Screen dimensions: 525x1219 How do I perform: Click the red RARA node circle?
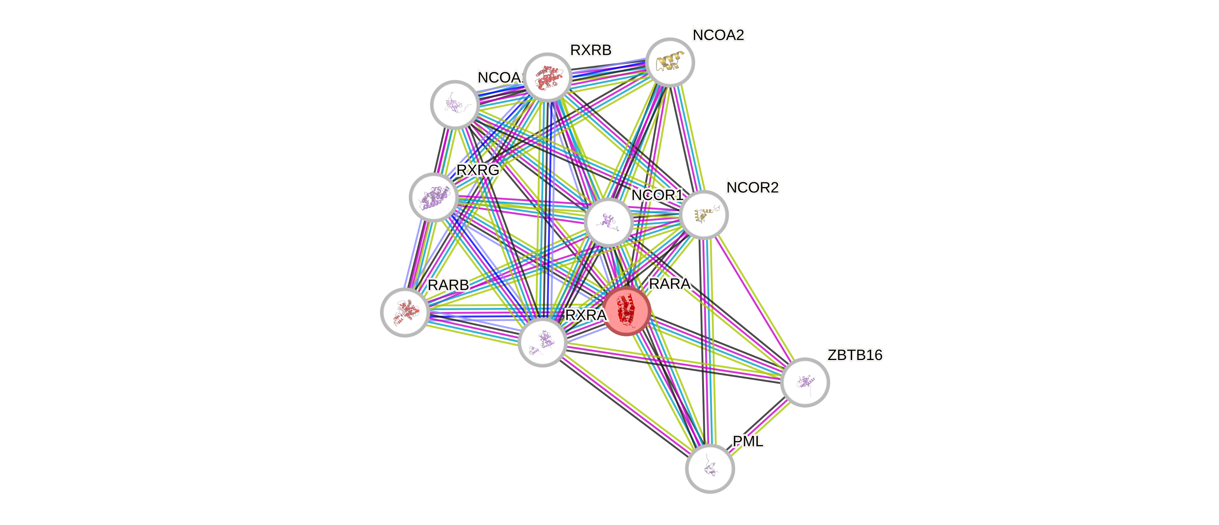click(626, 311)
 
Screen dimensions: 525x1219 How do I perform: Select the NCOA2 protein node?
click(670, 62)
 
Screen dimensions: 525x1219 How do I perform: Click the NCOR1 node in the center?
click(608, 222)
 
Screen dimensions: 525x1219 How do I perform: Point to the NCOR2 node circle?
click(704, 215)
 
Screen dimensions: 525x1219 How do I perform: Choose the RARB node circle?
click(405, 312)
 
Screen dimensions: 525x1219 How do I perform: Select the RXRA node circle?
click(542, 342)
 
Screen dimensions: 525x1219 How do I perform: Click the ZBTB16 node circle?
click(805, 382)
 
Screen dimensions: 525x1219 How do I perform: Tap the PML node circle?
click(710, 468)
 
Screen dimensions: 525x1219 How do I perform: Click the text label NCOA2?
click(718, 35)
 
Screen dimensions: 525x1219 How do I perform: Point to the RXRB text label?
click(591, 50)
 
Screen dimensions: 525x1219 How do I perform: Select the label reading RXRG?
click(477, 170)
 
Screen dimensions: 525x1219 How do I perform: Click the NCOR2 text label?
click(752, 188)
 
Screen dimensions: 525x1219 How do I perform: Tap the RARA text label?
click(669, 284)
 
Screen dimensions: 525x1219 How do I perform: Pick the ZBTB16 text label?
click(855, 355)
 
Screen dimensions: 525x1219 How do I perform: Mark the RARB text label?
click(448, 285)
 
